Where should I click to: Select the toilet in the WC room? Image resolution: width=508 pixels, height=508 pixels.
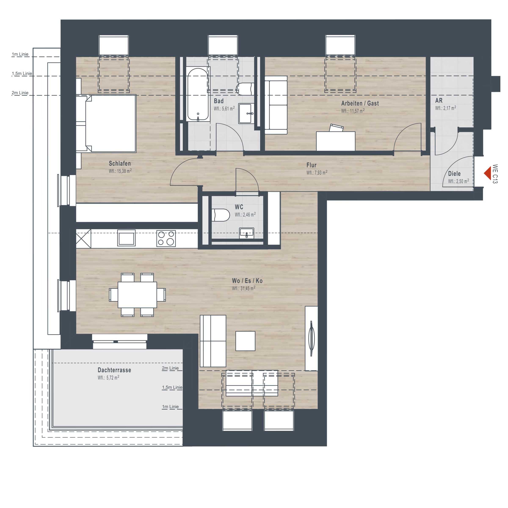tap(221, 215)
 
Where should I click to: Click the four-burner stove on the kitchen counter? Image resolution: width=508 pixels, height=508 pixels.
tap(166, 238)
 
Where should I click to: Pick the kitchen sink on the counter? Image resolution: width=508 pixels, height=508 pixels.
tap(127, 238)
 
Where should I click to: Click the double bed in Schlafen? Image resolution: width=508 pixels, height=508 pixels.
tap(110, 124)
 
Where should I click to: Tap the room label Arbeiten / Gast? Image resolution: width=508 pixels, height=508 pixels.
tap(360, 103)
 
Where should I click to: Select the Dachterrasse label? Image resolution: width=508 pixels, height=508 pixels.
tap(114, 370)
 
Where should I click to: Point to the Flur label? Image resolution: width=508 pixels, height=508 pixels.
tap(311, 165)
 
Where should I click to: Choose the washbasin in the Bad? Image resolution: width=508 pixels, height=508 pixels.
tap(246, 113)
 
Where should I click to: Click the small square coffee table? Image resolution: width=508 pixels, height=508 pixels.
tap(245, 341)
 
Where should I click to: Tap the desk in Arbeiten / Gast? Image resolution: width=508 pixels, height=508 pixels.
tap(335, 141)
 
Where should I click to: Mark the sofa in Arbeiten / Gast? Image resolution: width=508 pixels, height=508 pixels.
tap(276, 105)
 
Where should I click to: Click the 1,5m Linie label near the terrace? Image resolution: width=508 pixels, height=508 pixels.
tap(172, 387)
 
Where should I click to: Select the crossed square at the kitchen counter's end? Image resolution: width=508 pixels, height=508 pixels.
tap(84, 239)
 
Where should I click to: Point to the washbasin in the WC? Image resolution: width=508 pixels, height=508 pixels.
tap(247, 233)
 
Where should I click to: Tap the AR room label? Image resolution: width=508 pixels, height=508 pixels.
tap(439, 101)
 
